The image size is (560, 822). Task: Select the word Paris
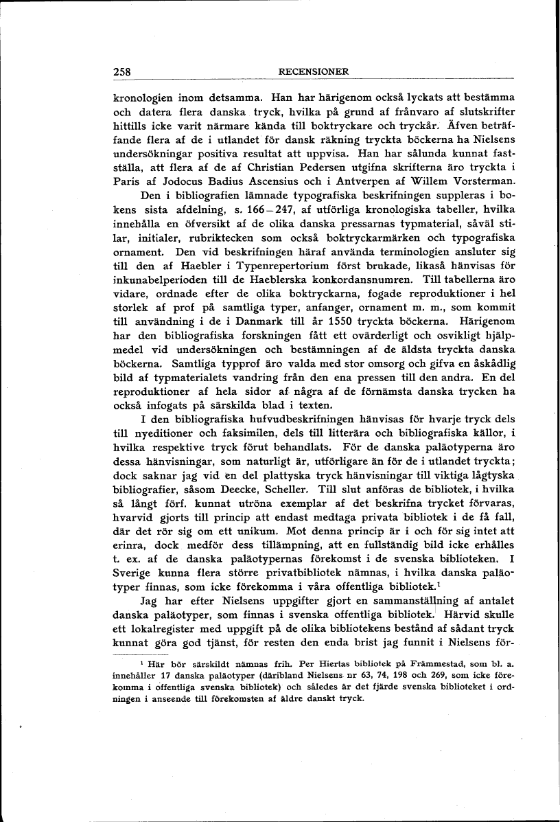[128, 182]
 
